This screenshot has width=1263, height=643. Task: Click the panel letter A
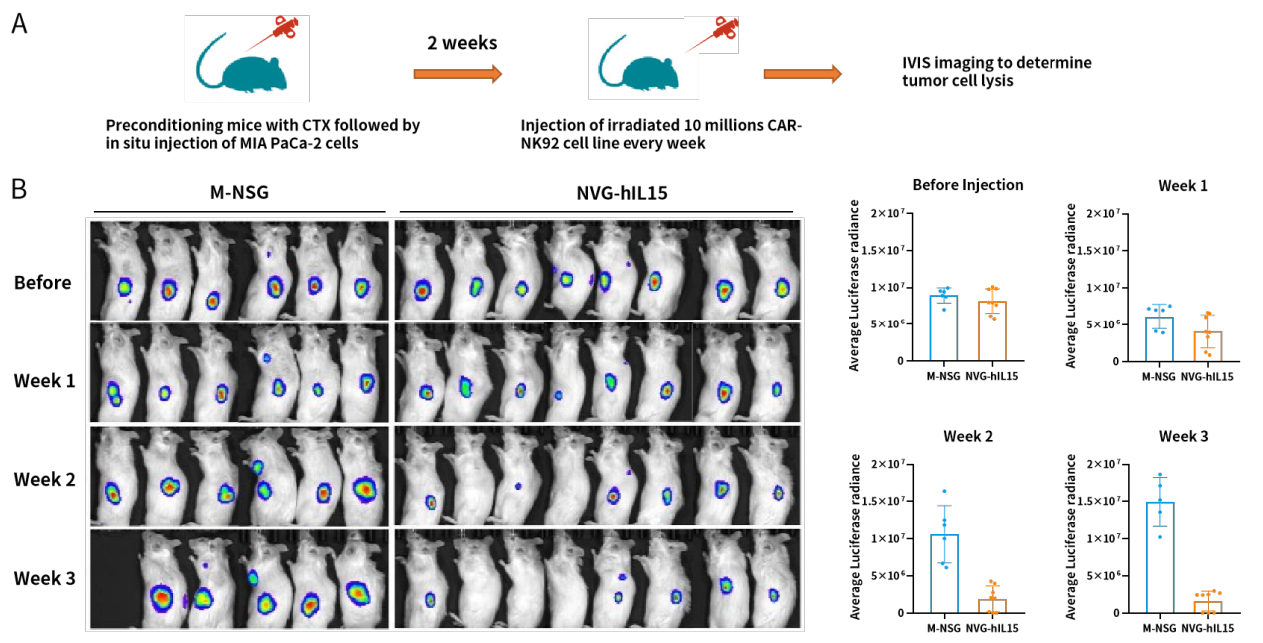point(19,23)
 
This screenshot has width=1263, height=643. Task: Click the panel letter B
point(19,188)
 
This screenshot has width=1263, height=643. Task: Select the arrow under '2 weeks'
point(457,74)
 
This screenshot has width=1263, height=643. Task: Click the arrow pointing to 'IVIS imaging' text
point(802,74)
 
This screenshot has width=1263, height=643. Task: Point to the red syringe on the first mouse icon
point(281,30)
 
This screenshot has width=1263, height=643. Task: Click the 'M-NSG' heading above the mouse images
point(238,196)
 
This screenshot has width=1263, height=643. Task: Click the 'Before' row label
point(43,283)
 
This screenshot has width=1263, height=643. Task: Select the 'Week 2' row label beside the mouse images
point(46,479)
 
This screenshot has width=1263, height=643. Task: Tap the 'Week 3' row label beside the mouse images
point(46,577)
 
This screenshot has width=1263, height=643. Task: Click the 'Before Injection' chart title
point(967,185)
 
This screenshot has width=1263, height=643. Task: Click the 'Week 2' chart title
point(967,437)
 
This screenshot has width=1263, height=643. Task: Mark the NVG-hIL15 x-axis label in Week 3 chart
point(1206,628)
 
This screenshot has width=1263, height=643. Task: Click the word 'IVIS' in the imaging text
point(919,63)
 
